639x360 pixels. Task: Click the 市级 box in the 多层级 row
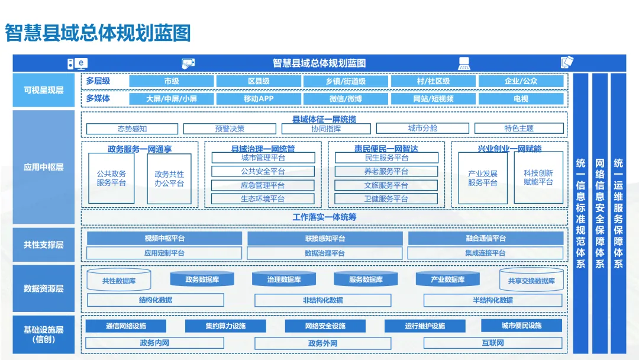[x=172, y=81]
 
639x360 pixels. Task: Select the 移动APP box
[x=259, y=99]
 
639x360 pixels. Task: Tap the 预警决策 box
[x=230, y=128]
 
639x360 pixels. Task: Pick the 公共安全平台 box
[x=263, y=172]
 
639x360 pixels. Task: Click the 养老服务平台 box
[x=386, y=172]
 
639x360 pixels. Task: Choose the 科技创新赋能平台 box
[x=538, y=178]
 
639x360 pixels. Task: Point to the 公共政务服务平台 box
[x=111, y=178]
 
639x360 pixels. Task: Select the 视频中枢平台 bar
[x=164, y=239]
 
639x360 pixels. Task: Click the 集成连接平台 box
[x=485, y=253]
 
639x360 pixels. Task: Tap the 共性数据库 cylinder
[x=119, y=281]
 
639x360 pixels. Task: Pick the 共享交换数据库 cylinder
[x=531, y=281]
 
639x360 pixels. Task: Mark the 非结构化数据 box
[x=323, y=300]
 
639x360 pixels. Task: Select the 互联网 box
[x=493, y=343]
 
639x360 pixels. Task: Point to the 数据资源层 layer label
[x=44, y=289]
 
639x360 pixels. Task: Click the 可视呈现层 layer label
[x=44, y=91]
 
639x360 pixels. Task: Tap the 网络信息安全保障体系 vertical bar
[x=599, y=213]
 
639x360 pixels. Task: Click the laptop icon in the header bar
[x=464, y=63]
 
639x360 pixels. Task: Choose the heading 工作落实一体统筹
[x=324, y=217]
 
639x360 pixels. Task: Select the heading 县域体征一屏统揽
[x=324, y=119]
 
